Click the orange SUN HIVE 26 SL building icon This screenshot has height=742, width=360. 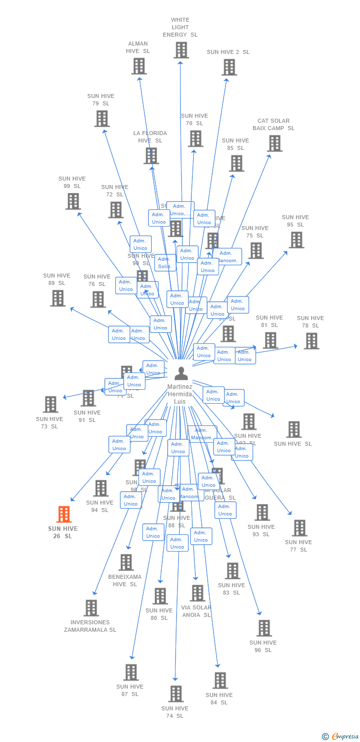64,514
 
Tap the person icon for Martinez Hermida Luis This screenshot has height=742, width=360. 181,373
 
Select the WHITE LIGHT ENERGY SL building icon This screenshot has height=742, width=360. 181,50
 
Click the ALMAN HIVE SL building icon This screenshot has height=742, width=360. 139,66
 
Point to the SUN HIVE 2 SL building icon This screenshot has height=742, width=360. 229,67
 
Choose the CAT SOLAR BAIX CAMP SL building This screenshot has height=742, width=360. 274,143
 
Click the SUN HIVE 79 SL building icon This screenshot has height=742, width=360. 102,119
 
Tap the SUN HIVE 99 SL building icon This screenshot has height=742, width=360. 73,201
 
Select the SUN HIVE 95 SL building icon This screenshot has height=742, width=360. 296,240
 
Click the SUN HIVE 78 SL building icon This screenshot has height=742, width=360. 311,341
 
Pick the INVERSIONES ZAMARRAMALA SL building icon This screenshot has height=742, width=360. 91,608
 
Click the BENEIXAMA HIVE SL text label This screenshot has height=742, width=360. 125,580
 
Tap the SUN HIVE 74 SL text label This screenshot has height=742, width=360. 175,712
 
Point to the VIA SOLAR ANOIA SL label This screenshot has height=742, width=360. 196,611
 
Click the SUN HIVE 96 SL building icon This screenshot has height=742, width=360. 264,628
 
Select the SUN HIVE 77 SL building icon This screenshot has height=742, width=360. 299,528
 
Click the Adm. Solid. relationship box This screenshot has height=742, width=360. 165,263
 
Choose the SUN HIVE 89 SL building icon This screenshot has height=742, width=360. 58,298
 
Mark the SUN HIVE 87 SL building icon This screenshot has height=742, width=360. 131,672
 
